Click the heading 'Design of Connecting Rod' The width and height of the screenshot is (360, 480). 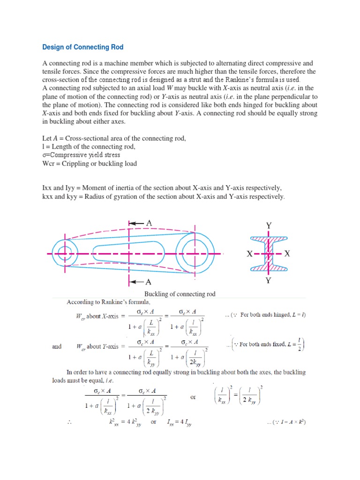[83, 47]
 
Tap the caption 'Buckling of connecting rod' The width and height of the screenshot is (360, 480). [180, 294]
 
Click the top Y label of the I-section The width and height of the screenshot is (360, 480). [269, 225]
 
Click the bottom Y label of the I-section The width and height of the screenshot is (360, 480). [269, 281]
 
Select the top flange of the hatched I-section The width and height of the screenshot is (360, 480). [269, 239]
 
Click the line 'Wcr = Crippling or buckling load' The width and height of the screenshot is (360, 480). [90, 164]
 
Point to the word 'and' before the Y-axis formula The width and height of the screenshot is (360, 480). [57, 346]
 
